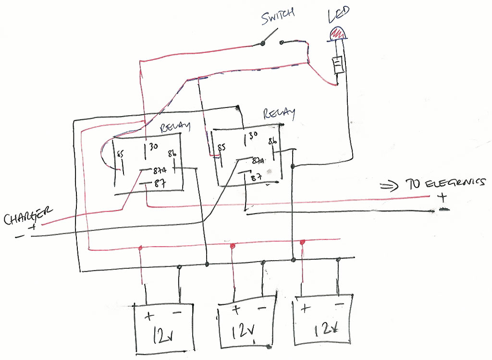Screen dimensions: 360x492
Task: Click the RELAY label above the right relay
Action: (x=279, y=114)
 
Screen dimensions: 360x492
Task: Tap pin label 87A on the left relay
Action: (x=160, y=170)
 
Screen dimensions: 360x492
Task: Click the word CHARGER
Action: (x=28, y=216)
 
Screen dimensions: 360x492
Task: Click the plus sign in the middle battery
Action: (x=236, y=309)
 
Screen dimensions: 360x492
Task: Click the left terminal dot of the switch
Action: (x=263, y=44)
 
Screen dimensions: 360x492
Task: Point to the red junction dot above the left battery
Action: (x=140, y=248)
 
